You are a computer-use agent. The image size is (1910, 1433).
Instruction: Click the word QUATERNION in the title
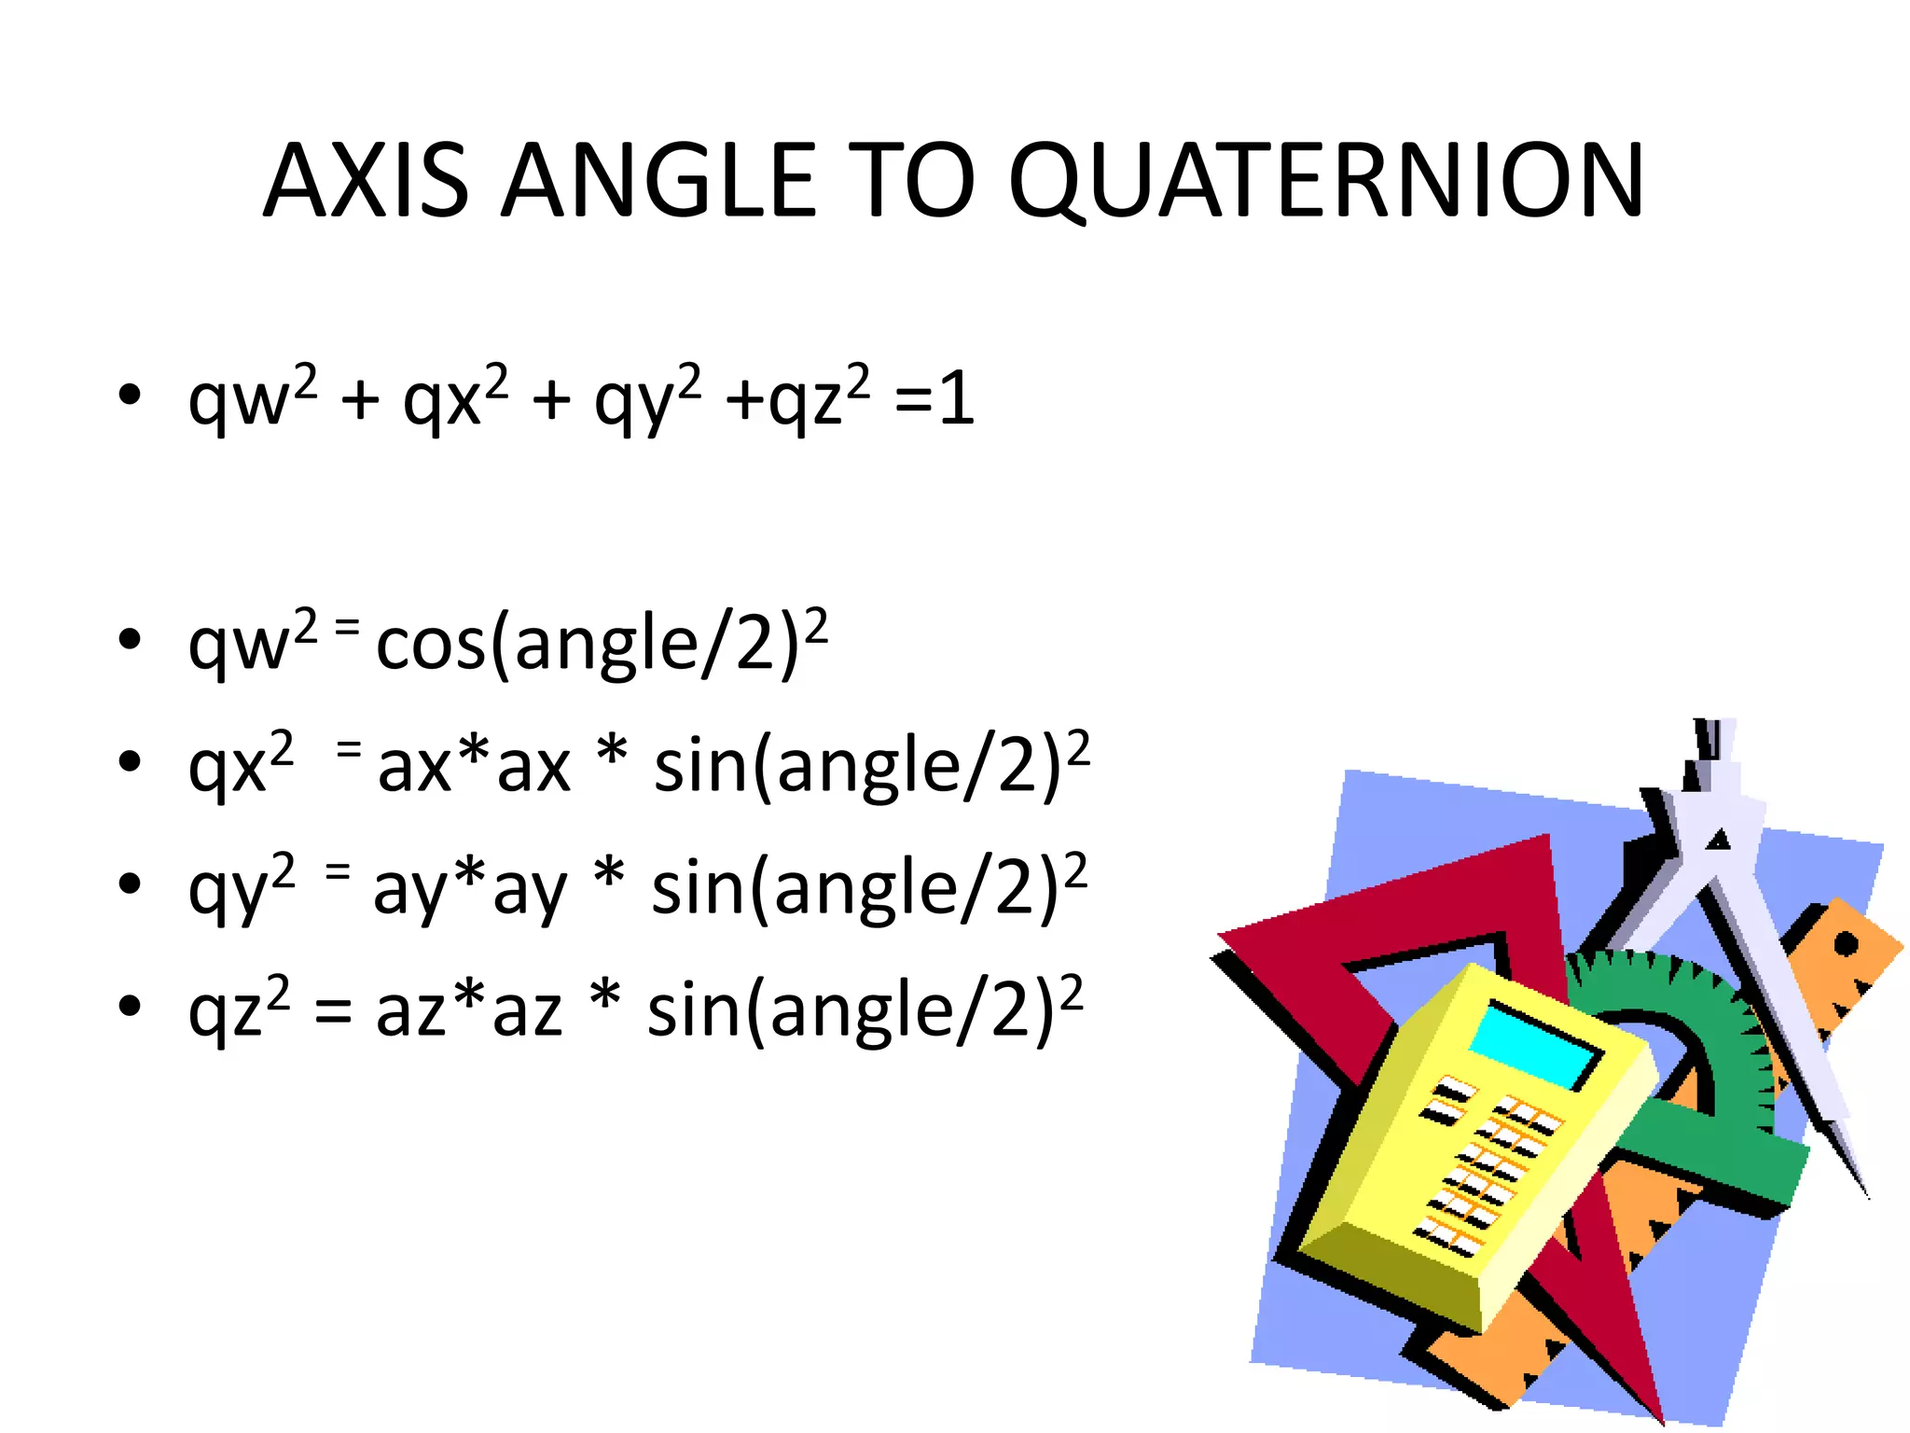[x=1325, y=181]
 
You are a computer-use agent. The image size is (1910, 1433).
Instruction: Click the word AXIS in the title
[x=366, y=181]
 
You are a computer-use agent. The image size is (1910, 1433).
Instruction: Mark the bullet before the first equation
[x=130, y=396]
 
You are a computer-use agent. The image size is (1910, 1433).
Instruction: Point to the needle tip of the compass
[x=1866, y=1195]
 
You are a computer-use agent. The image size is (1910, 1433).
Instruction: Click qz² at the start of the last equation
[x=239, y=1011]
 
